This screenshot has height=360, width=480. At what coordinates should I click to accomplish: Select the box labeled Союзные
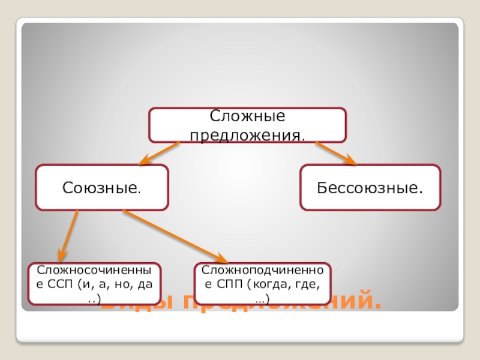point(102,188)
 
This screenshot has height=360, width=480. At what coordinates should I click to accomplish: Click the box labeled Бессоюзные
point(370,188)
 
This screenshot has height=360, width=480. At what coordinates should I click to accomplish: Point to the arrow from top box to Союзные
point(160,153)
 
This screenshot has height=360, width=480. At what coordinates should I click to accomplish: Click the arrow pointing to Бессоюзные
point(336,153)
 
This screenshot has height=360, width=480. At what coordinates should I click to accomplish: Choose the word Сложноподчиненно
point(263,271)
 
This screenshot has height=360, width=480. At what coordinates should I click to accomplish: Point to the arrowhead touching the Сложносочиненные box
point(61,256)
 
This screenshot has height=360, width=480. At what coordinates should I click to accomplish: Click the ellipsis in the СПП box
point(262,298)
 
